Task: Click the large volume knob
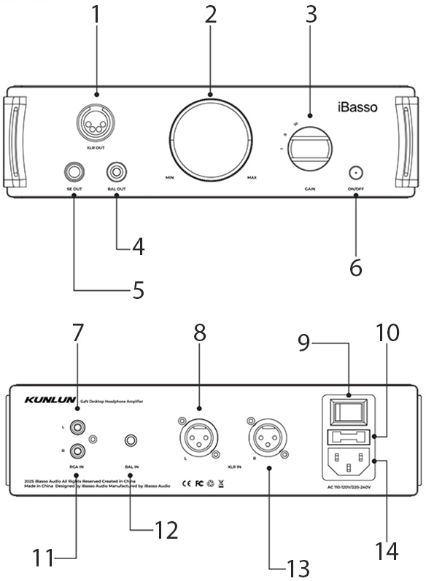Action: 212,139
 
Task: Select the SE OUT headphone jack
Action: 73,172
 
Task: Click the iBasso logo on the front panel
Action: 357,108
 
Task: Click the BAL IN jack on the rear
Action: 131,441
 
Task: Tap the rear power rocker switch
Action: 349,412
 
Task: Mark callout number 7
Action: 77,332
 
